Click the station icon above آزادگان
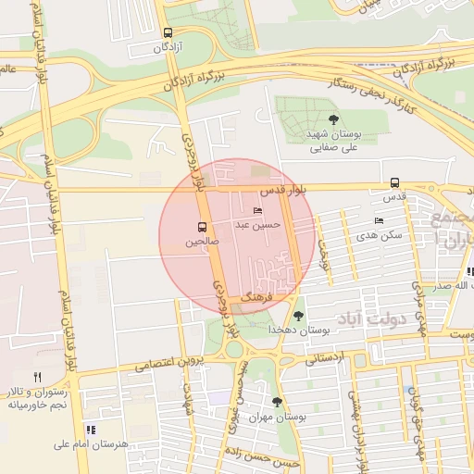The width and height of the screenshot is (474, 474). [167, 31]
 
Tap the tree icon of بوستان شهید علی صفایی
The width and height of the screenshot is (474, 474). [333, 118]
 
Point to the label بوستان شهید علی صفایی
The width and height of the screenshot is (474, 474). [332, 140]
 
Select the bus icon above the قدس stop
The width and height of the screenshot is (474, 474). [395, 182]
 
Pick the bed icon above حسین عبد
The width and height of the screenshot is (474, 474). [257, 211]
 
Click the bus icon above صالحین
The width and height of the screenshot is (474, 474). [202, 227]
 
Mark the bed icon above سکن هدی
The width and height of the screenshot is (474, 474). [378, 221]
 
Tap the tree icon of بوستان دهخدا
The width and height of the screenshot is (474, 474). [298, 316]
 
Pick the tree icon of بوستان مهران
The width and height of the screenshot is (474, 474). [277, 402]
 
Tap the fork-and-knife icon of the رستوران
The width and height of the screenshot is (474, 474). [37, 377]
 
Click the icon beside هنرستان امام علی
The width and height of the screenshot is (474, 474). [91, 430]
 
